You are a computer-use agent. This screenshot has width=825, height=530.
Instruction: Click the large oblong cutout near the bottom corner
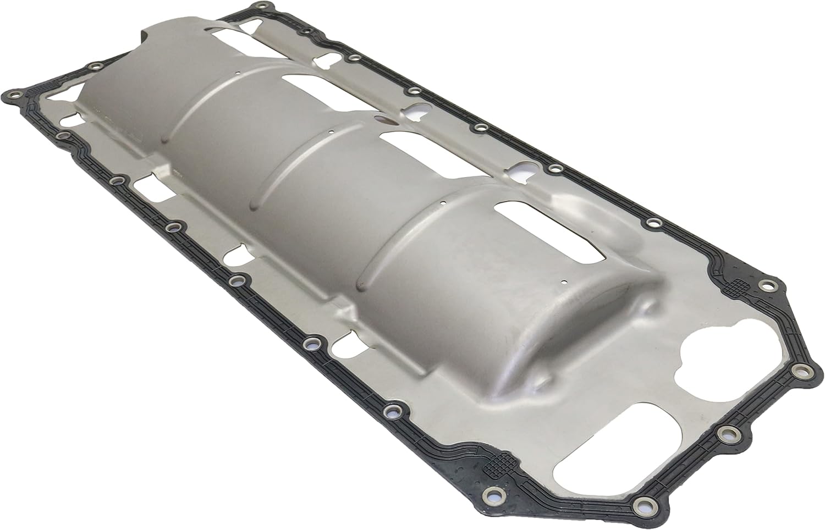click(599, 445)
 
